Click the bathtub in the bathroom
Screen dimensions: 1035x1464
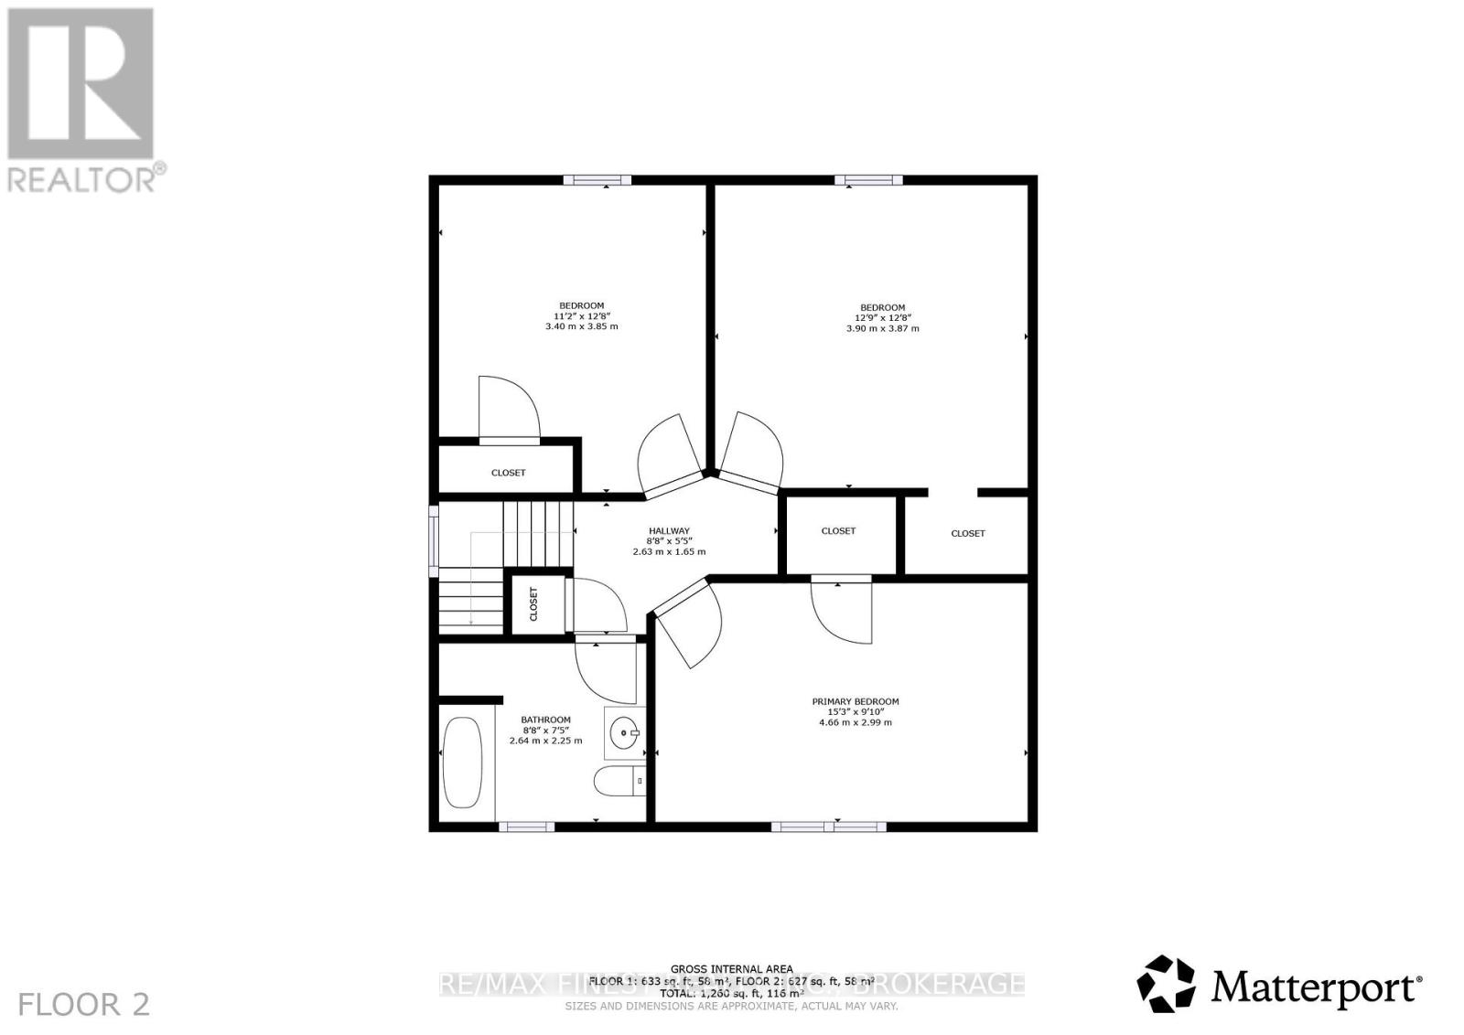click(462, 762)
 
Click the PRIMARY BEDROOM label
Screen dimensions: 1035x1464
click(856, 701)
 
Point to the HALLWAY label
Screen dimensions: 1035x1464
click(669, 530)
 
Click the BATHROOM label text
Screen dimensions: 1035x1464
click(545, 720)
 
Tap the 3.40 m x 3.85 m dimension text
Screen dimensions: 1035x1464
click(581, 325)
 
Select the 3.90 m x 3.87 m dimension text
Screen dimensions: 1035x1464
click(882, 327)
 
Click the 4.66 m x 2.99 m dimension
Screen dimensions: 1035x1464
click(856, 722)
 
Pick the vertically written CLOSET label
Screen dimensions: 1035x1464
click(534, 603)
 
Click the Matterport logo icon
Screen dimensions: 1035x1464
click(1166, 984)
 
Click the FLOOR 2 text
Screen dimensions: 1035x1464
click(83, 1004)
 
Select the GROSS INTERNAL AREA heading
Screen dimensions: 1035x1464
click(732, 969)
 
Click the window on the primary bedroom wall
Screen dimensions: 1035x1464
click(828, 827)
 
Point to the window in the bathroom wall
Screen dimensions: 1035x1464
click(526, 827)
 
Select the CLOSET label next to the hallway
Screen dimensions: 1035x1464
click(838, 530)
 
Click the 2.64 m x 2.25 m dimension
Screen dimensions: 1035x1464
click(545, 741)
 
